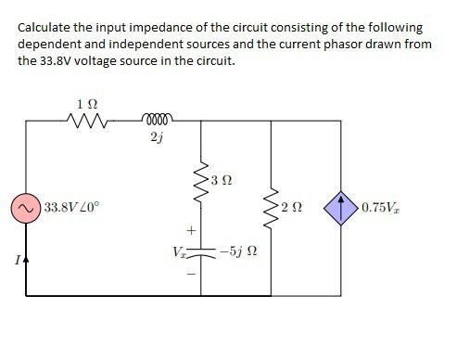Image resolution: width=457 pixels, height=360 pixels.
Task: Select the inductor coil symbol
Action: [158, 118]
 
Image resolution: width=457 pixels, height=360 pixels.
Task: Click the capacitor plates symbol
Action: [197, 251]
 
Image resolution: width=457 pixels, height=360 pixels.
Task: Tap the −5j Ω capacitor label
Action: [238, 251]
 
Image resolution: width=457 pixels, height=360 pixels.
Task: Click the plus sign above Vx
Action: [192, 229]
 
